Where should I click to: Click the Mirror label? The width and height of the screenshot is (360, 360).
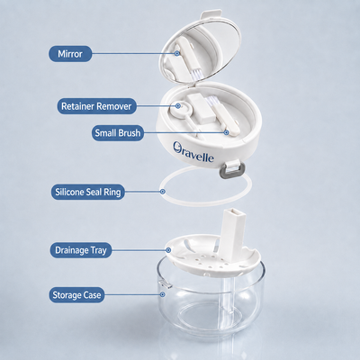(70, 54)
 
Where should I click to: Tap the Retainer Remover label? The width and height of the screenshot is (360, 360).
(96, 106)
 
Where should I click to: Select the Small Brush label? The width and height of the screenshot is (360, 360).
(118, 133)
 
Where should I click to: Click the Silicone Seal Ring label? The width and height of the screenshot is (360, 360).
(88, 192)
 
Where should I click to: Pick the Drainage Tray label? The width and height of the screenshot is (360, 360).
(81, 250)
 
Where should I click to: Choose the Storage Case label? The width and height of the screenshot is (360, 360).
(76, 295)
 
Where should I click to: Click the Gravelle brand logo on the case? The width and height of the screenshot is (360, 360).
(193, 152)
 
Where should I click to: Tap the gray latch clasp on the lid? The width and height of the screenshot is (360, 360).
(232, 169)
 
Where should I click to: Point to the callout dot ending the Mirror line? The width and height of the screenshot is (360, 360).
(177, 53)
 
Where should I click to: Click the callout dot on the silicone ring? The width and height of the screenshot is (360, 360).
(163, 192)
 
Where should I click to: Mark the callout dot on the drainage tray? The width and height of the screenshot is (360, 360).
(168, 249)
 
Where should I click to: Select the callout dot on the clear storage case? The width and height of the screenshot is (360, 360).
(163, 294)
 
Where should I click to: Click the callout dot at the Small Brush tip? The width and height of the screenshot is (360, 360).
(227, 132)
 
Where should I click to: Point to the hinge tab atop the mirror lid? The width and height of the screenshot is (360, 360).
(211, 14)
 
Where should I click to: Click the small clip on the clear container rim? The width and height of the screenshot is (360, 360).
(165, 283)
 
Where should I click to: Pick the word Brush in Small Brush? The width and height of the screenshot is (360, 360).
(130, 133)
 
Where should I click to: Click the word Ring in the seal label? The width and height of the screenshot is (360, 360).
(112, 193)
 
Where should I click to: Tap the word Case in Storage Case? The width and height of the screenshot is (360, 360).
(92, 295)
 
